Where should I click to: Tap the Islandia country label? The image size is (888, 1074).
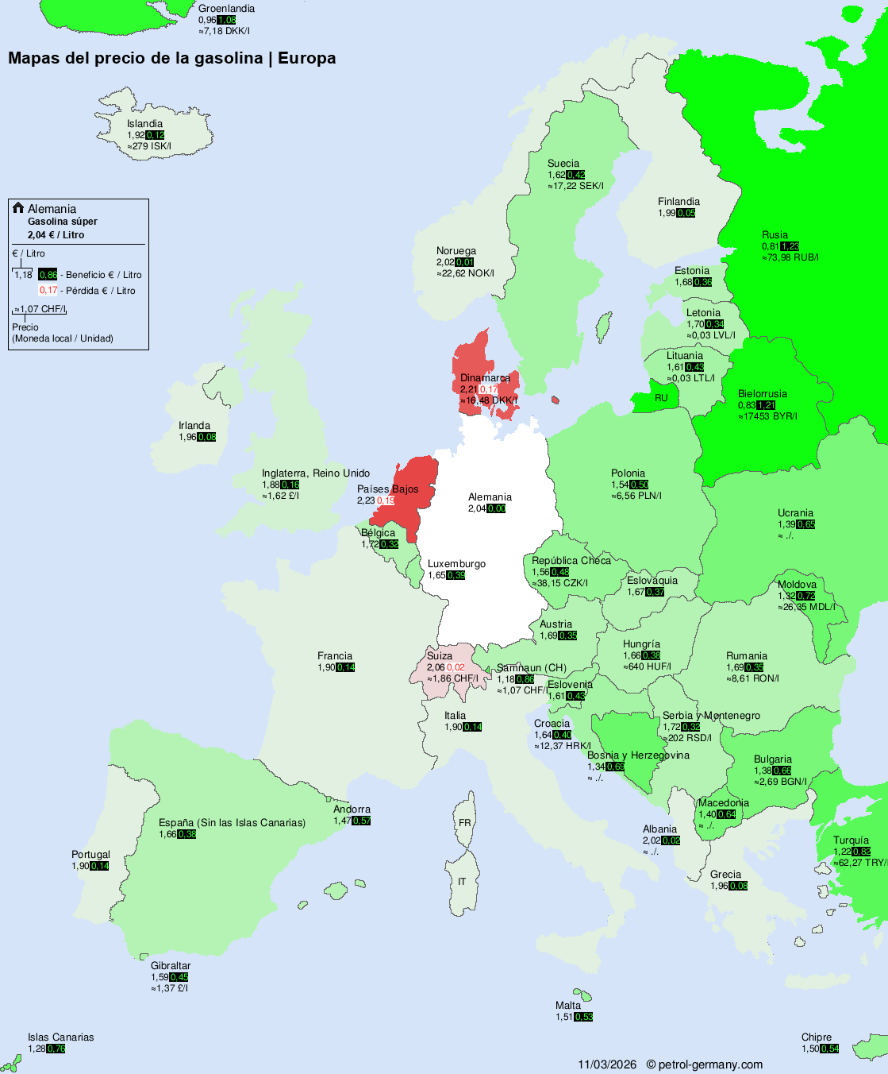pyautogui.click(x=144, y=124)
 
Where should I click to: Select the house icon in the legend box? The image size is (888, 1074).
pyautogui.click(x=18, y=208)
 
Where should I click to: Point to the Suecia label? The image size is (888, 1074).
pyautogui.click(x=563, y=164)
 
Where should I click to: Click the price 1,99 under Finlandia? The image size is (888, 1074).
pyautogui.click(x=667, y=213)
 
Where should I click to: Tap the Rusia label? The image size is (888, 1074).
pyautogui.click(x=775, y=235)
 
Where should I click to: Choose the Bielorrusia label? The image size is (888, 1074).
pyautogui.click(x=763, y=394)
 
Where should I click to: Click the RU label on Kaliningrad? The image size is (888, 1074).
pyautogui.click(x=661, y=398)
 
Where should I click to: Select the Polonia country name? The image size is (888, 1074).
pyautogui.click(x=628, y=473)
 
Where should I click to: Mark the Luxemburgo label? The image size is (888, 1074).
pyautogui.click(x=456, y=564)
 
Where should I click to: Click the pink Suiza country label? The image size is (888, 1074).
pyautogui.click(x=440, y=656)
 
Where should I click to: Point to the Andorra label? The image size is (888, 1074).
pyautogui.click(x=352, y=809)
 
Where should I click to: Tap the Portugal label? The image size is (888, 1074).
pyautogui.click(x=90, y=855)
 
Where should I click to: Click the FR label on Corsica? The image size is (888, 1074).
pyautogui.click(x=464, y=823)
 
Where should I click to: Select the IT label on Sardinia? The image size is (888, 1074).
pyautogui.click(x=462, y=882)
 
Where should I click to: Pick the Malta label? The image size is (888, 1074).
pyautogui.click(x=568, y=1006)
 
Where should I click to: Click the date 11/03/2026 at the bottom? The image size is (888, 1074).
pyautogui.click(x=607, y=1064)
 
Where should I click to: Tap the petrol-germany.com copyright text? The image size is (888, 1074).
pyautogui.click(x=705, y=1064)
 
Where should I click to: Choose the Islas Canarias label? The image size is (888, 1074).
pyautogui.click(x=60, y=1037)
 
